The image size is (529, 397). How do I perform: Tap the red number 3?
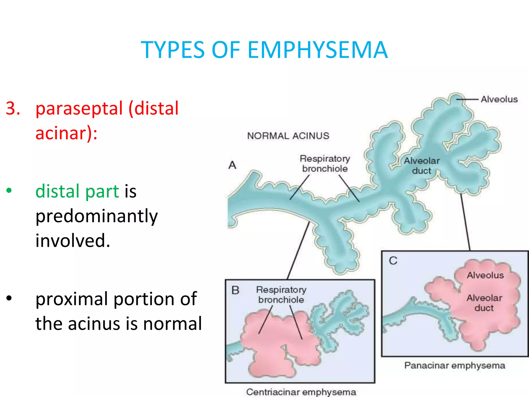coord(13,108)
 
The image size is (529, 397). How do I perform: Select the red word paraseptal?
coord(79,109)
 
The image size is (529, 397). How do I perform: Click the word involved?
coord(73,241)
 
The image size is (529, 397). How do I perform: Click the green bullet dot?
coord(9,191)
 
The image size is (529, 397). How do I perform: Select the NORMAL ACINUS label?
coord(288,136)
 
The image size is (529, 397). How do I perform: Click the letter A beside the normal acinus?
coord(232,165)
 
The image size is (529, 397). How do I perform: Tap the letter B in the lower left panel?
coord(235,290)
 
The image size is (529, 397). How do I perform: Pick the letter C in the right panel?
coord(393,261)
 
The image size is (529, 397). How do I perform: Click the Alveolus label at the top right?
coord(499,99)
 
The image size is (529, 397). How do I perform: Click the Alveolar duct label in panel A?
coord(422,166)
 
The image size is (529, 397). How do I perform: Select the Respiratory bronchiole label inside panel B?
coord(281,295)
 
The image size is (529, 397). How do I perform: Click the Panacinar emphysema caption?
coord(455,365)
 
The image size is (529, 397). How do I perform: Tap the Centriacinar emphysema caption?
coord(301,392)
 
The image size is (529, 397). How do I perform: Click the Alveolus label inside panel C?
coord(485,275)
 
